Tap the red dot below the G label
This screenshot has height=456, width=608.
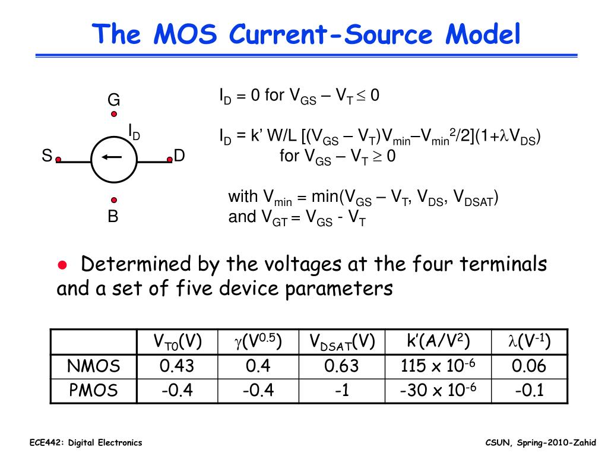tap(113, 114)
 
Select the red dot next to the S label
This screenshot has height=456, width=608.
tap(58, 159)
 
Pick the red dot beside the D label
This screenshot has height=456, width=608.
tap(169, 159)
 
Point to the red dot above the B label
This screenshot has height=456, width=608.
tap(113, 201)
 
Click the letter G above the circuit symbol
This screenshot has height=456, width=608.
tap(113, 99)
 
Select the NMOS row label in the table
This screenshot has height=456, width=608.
tap(93, 366)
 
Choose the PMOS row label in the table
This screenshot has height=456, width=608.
tap(93, 390)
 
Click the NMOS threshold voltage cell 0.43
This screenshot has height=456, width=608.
tap(177, 366)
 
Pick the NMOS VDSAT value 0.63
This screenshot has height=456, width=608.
tap(341, 366)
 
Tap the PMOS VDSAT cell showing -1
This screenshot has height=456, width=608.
tap(341, 390)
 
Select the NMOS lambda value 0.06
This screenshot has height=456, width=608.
tap(528, 366)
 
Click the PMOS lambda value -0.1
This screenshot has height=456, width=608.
tap(528, 390)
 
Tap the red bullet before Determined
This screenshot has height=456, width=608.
tap(61, 264)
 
